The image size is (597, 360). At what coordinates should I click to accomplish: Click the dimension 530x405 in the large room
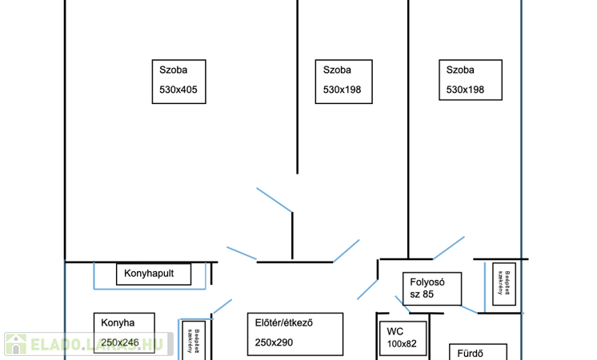click(x=178, y=90)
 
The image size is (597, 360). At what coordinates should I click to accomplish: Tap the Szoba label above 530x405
click(x=173, y=70)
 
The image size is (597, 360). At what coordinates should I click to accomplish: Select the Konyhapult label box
click(x=154, y=274)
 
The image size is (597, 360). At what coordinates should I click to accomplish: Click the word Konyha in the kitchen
click(x=118, y=323)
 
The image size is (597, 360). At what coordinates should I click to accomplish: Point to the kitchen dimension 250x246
click(x=120, y=342)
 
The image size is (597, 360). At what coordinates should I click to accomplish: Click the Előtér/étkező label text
click(x=283, y=323)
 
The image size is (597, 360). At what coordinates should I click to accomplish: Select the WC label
click(x=395, y=331)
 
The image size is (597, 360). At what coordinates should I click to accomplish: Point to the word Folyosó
click(x=427, y=282)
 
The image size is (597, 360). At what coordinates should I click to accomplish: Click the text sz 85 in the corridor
click(x=422, y=294)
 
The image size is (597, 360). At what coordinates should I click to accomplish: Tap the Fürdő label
click(x=470, y=353)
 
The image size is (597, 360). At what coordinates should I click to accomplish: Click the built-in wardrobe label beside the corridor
click(x=503, y=283)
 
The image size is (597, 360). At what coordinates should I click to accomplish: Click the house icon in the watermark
click(x=16, y=345)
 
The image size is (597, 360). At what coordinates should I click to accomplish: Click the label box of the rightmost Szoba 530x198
click(x=471, y=80)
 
